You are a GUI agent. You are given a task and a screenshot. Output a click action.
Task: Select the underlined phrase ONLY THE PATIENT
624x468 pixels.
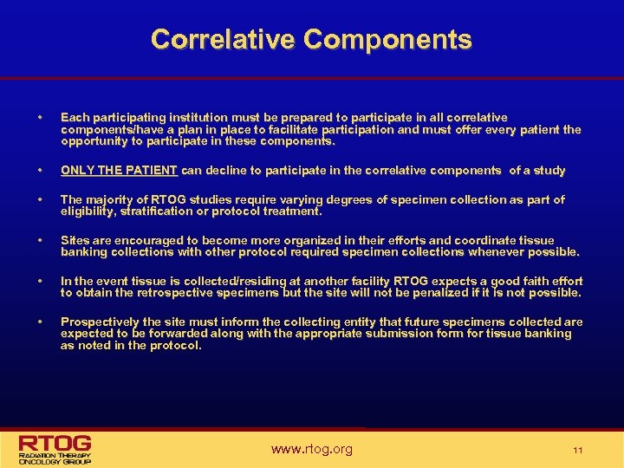pos(119,171)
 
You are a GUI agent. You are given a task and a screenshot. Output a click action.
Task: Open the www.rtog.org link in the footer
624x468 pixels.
pos(312,449)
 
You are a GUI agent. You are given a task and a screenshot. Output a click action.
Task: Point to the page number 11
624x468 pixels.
pos(578,450)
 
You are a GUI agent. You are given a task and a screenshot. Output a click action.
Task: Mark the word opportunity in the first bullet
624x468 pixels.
pos(93,141)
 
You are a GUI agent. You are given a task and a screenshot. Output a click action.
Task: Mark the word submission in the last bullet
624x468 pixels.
pos(415,334)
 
